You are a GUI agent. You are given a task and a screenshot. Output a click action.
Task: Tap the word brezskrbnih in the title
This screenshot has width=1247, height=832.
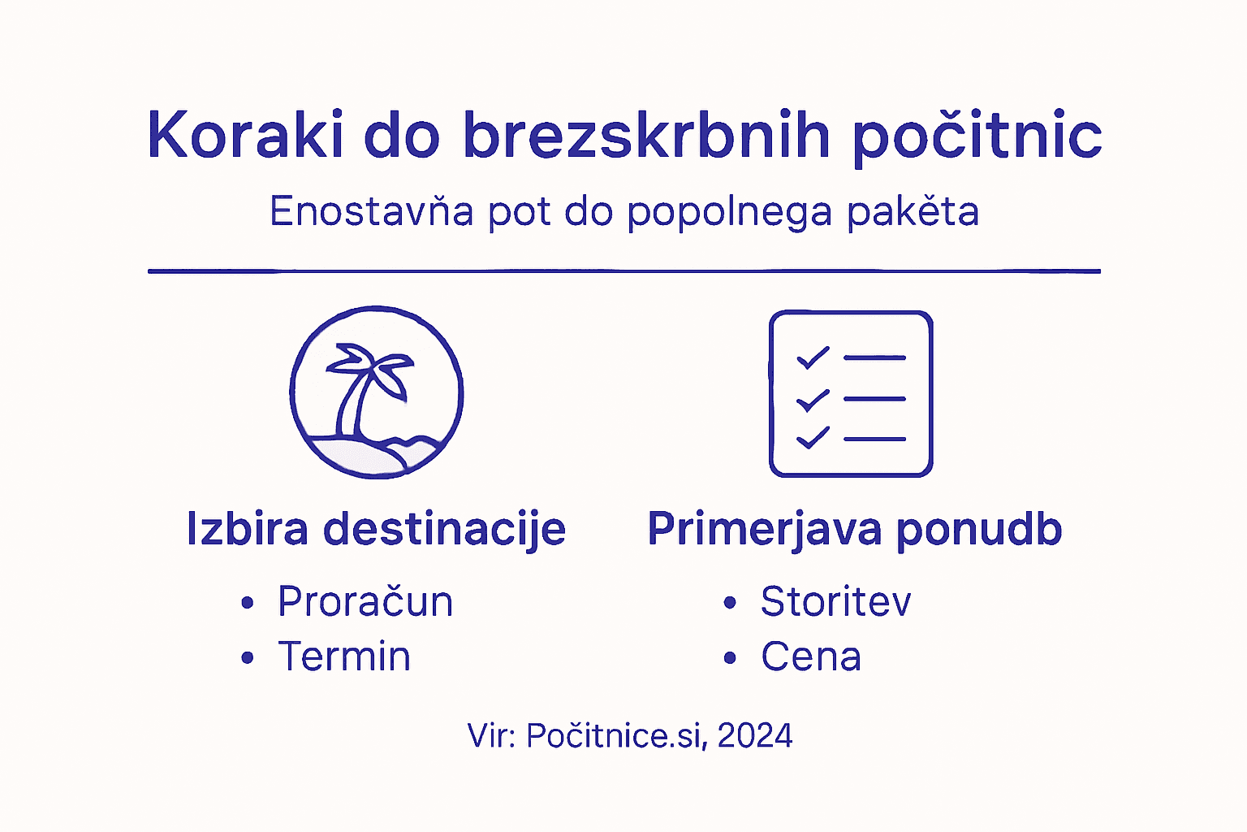pos(646,135)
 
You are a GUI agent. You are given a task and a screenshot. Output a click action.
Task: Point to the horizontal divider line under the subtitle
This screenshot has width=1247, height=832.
pos(623,271)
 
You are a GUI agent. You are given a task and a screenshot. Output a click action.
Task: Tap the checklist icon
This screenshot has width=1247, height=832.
pos(851,394)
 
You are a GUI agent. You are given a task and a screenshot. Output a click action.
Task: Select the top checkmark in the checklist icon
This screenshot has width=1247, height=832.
pos(812,357)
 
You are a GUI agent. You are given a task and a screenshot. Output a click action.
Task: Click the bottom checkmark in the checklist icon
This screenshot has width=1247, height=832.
pos(812,438)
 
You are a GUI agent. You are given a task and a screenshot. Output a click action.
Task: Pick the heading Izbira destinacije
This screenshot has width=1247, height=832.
pos(376,529)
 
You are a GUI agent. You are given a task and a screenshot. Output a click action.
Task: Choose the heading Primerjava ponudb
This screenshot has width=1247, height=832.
pos(855,529)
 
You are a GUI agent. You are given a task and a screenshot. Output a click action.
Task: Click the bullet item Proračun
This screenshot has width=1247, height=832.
pos(365,601)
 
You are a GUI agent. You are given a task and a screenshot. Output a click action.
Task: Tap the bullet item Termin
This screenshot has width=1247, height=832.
pos(344,656)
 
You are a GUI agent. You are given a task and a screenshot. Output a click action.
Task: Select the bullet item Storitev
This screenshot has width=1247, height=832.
pos(835,601)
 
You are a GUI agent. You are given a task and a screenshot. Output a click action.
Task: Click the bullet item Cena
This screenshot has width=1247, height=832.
pos(810,656)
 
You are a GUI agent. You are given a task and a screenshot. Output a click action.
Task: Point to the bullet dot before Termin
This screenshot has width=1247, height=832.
pos(248,657)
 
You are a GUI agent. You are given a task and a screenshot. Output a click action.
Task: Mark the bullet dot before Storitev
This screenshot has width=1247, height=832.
pos(730,602)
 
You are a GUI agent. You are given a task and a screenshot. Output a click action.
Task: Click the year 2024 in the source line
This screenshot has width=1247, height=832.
pos(755,736)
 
